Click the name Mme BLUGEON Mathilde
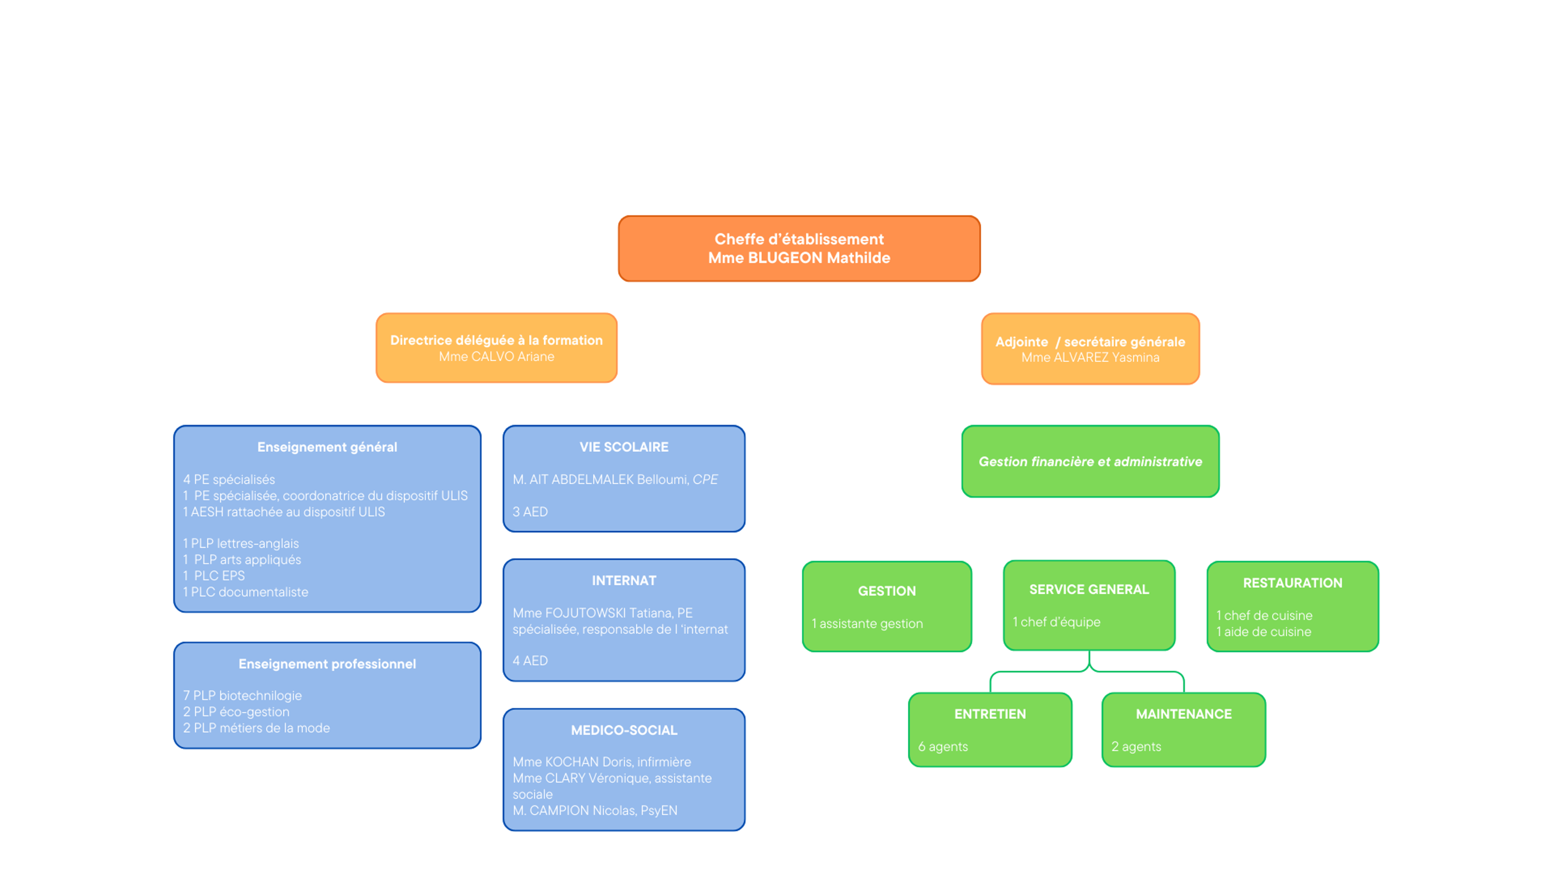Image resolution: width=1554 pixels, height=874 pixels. (x=799, y=258)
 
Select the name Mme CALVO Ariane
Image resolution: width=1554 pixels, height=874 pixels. (x=496, y=356)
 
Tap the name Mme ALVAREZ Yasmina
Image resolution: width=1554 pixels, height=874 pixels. (x=1089, y=358)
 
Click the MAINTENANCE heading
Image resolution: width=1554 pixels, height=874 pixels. (x=1183, y=714)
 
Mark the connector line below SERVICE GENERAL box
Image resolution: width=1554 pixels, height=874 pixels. (x=1088, y=671)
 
